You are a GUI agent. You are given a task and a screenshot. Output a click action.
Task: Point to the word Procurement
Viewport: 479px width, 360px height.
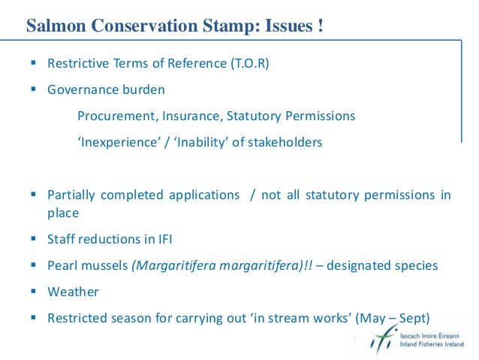pos(112,116)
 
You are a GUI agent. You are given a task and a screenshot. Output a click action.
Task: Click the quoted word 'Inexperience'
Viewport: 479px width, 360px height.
pos(116,142)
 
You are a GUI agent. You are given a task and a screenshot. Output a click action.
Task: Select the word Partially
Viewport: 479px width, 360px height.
pos(71,195)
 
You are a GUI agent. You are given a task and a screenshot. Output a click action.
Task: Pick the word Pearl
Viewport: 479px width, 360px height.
pos(62,265)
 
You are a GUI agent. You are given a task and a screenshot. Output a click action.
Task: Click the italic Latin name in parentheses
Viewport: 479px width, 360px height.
pos(218,265)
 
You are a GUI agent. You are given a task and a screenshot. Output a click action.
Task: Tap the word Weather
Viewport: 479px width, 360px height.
pos(73,291)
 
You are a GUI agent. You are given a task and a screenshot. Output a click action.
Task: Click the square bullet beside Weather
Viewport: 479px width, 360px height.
pos(35,292)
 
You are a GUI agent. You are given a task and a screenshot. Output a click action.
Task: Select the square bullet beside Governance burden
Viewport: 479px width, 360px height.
pos(35,90)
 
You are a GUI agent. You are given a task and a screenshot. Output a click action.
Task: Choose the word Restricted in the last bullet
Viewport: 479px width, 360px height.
pos(76,317)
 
